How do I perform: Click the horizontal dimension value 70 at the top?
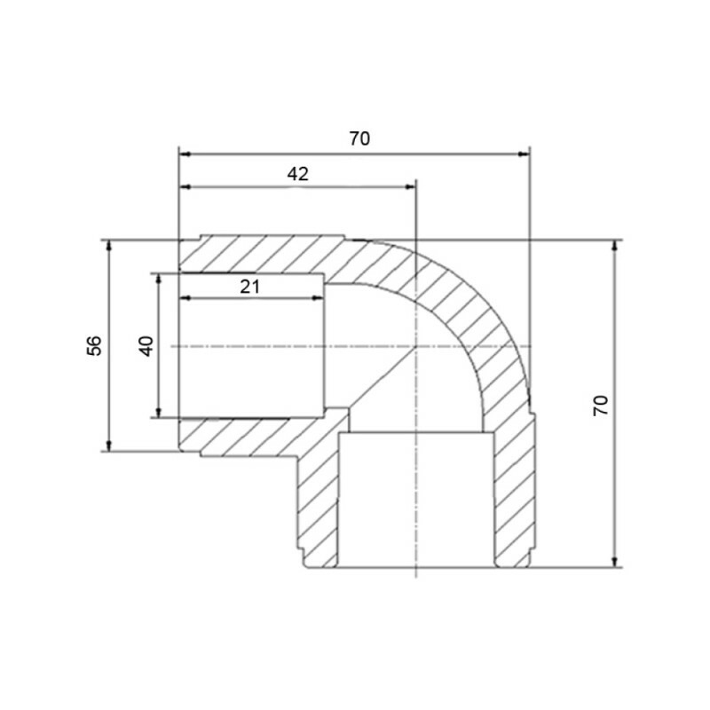point(359,138)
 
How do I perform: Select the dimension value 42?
point(298,174)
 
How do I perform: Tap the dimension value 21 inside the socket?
point(250,287)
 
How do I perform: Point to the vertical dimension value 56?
point(94,345)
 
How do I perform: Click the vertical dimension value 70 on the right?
point(601,406)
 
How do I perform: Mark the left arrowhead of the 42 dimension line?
point(185,187)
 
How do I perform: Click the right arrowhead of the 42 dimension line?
point(409,187)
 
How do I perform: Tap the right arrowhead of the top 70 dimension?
point(524,154)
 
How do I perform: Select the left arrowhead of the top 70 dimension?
point(185,154)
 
